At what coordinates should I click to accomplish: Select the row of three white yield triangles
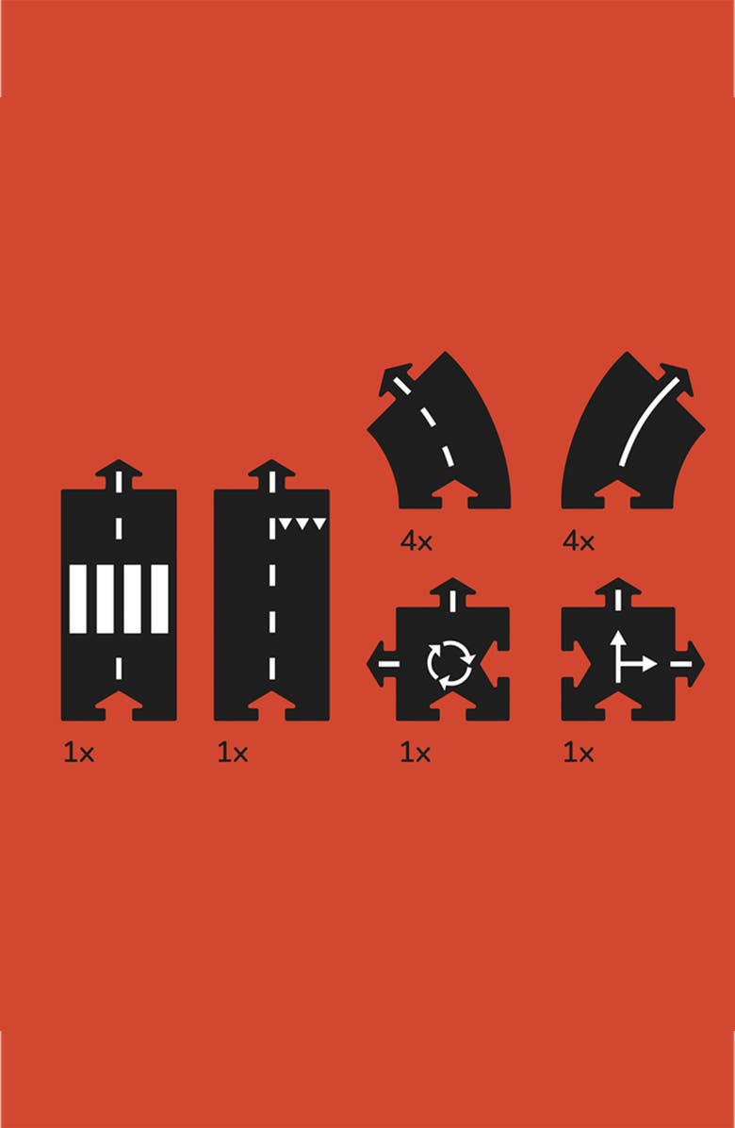(x=302, y=523)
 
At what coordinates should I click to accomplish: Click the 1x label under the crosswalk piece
(x=78, y=754)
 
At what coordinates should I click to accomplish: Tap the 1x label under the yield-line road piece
(x=232, y=754)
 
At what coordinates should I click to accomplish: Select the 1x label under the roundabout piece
(x=415, y=754)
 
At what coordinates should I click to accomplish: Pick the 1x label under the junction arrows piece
(x=579, y=754)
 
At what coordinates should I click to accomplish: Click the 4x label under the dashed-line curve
(x=416, y=541)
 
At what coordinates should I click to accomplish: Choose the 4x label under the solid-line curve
(x=579, y=541)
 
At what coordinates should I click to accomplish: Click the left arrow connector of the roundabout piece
(x=383, y=663)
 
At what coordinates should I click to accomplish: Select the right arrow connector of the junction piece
(x=689, y=663)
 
